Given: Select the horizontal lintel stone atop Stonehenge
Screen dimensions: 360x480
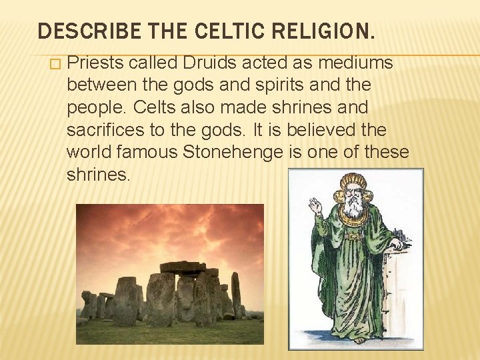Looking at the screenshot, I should pyautogui.click(x=183, y=267).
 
